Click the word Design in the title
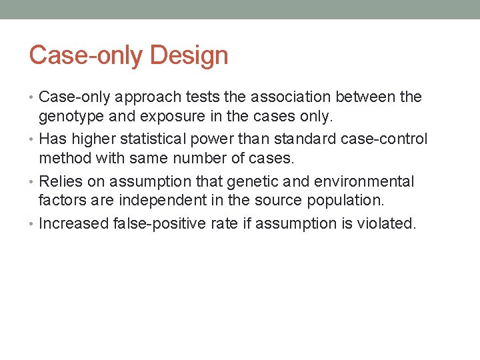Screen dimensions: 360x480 pyautogui.click(x=189, y=55)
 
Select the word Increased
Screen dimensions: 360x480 pyautogui.click(x=73, y=223)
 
